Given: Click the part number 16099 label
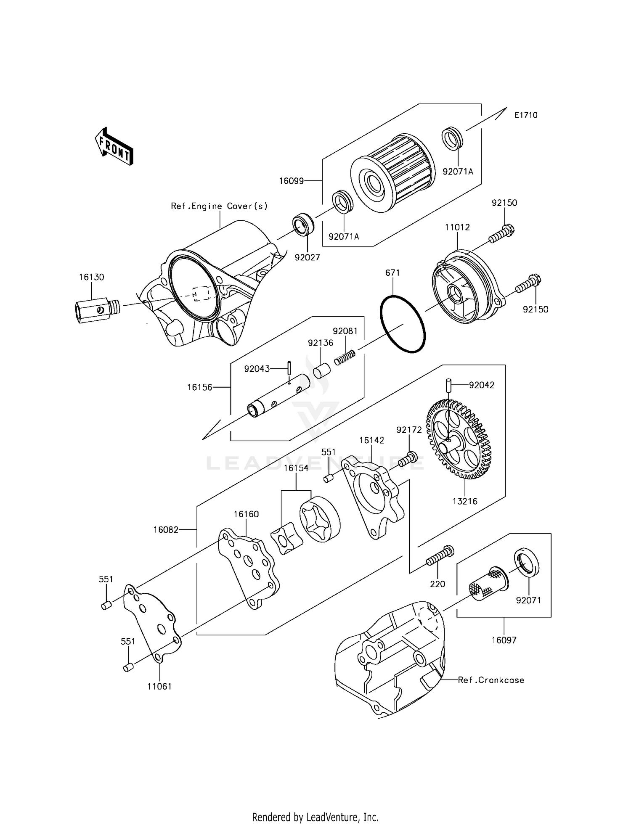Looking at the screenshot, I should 291,181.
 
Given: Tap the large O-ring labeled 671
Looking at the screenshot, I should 403,323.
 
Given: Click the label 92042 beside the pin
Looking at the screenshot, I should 482,385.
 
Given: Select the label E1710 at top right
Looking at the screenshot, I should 525,115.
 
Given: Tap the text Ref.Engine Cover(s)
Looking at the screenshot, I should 219,206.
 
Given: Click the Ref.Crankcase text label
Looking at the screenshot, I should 491,680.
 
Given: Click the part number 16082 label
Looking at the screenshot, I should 166,530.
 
